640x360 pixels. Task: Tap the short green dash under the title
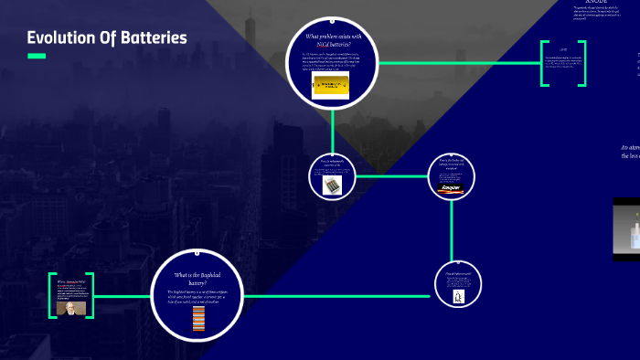(37, 57)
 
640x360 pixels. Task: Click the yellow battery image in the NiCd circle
(330, 85)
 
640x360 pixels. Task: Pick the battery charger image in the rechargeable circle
(332, 185)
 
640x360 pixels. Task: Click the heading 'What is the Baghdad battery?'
(198, 278)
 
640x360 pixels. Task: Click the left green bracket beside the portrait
(52, 295)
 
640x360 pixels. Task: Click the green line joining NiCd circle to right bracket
(457, 63)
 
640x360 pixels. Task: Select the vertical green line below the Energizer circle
(452, 228)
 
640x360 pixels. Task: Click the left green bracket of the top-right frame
(545, 63)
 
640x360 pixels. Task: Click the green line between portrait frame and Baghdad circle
(123, 295)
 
